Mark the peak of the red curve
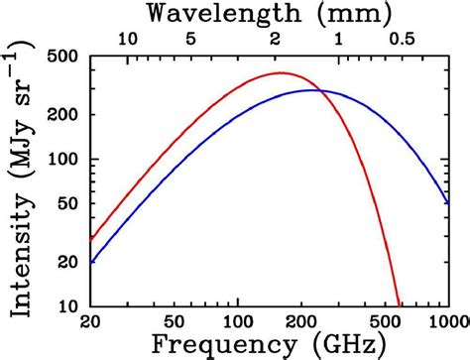281,72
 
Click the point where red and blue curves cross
315,90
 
